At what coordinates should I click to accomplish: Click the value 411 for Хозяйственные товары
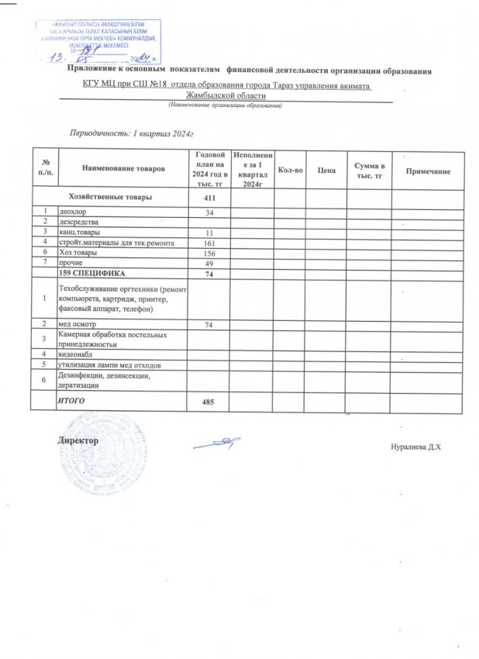[x=209, y=198]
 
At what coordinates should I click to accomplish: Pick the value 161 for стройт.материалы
[x=209, y=243]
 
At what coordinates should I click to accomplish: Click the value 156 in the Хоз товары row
[x=209, y=253]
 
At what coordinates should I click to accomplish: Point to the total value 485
[x=209, y=400]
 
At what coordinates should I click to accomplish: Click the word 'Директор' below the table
[x=78, y=440]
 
